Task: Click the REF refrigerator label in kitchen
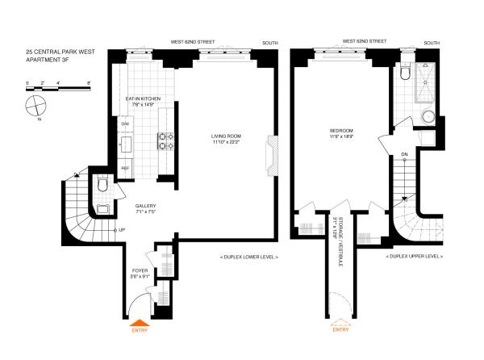click(125, 168)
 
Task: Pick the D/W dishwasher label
click(125, 123)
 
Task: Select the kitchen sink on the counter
click(127, 145)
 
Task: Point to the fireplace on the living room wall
click(272, 154)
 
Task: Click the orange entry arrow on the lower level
click(139, 321)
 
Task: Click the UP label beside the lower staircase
click(122, 230)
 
